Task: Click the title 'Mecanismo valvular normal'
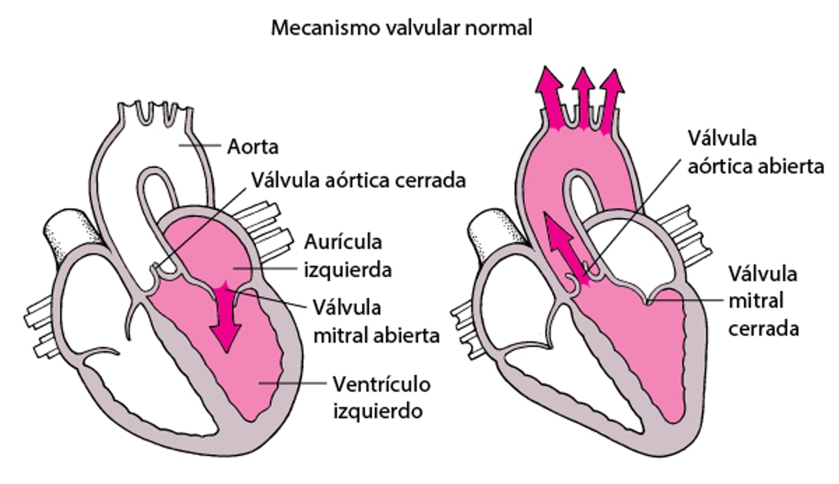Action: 402,29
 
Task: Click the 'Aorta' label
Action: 253,148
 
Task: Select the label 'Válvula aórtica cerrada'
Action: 357,180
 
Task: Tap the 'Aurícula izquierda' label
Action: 343,256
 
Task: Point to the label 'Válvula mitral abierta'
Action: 375,321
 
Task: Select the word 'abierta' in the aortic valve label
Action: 788,166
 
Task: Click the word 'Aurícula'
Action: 343,243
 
